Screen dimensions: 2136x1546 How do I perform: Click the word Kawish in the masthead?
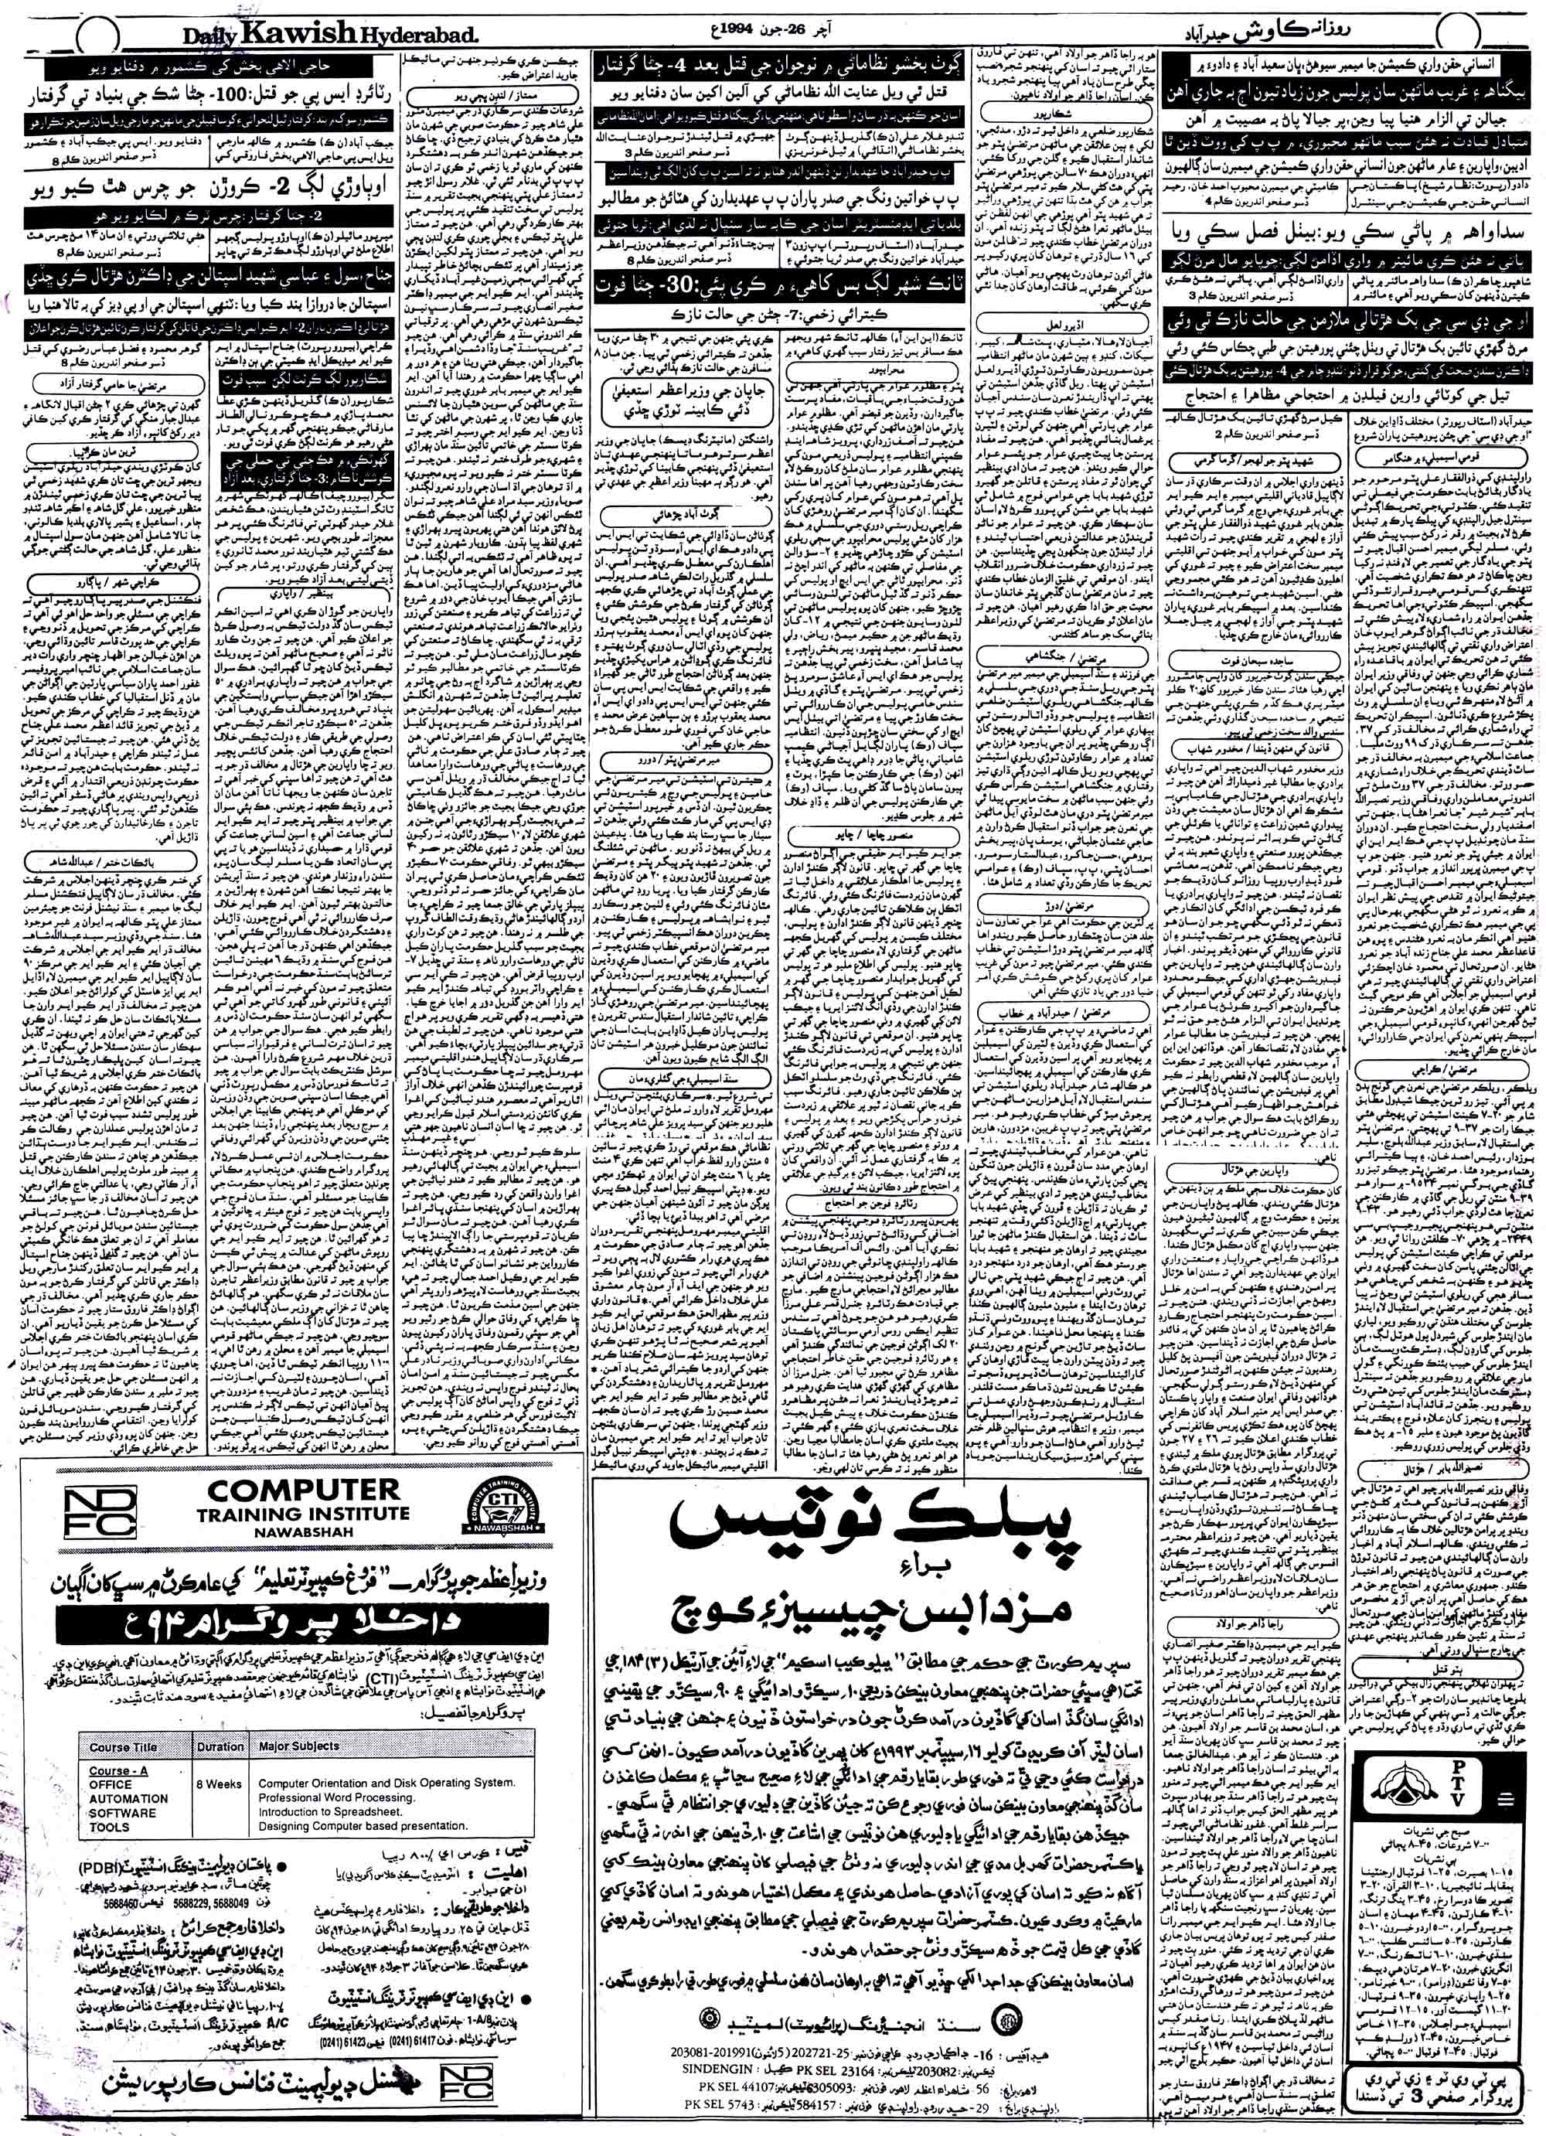(x=290, y=32)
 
